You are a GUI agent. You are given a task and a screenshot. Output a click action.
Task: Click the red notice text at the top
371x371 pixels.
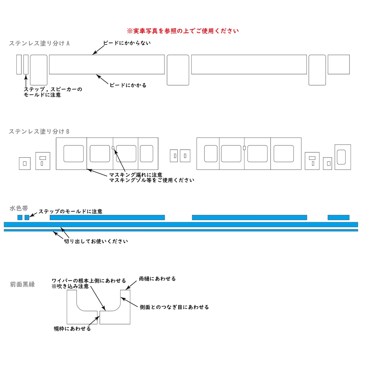pyautogui.click(x=183, y=31)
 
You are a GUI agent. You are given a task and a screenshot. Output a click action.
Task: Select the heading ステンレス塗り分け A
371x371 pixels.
pyautogui.click(x=39, y=43)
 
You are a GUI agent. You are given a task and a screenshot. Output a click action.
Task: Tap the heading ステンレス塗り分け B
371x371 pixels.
pyautogui.click(x=39, y=132)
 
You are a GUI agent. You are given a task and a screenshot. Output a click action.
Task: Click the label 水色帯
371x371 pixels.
pyautogui.click(x=19, y=208)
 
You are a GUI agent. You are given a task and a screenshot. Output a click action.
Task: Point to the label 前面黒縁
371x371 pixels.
pyautogui.click(x=23, y=284)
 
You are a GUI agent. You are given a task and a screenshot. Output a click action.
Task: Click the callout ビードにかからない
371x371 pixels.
pyautogui.click(x=127, y=43)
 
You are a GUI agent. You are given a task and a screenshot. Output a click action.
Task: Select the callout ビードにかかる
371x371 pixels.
pyautogui.click(x=128, y=85)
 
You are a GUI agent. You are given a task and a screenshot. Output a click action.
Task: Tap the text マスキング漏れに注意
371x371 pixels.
pyautogui.click(x=136, y=175)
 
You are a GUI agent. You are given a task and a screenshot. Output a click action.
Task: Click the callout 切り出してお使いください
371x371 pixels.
pyautogui.click(x=96, y=241)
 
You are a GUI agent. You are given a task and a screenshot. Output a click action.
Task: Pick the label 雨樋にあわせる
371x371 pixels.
pyautogui.click(x=157, y=279)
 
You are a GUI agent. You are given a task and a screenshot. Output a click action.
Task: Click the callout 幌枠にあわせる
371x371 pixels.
pyautogui.click(x=72, y=329)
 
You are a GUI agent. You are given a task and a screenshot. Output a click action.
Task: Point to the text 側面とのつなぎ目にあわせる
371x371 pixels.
pyautogui.click(x=174, y=307)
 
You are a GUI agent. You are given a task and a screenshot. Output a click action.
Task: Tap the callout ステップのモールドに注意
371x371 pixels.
pyautogui.click(x=70, y=211)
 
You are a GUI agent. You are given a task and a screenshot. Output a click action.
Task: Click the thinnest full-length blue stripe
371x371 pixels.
pyautogui.click(x=181, y=230)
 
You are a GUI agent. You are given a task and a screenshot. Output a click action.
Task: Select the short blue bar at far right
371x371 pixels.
pyautogui.click(x=339, y=217)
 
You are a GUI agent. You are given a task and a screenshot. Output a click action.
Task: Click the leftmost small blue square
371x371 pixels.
pyautogui.click(x=20, y=217)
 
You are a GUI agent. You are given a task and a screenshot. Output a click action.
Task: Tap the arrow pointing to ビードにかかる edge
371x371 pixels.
pyautogui.click(x=102, y=79)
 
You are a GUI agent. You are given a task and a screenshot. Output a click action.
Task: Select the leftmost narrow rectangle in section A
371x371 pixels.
pyautogui.click(x=19, y=65)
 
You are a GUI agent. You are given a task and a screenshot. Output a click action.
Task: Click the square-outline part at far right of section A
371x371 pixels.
pyautogui.click(x=339, y=65)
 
